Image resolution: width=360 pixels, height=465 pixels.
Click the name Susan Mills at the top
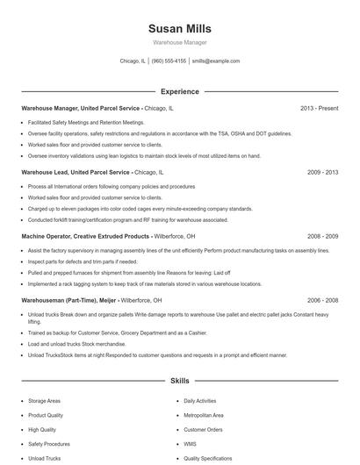click(179, 29)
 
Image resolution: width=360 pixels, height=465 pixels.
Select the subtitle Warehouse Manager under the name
click(179, 43)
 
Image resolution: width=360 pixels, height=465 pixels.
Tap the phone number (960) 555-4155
click(169, 61)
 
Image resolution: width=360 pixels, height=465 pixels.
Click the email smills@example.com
click(216, 61)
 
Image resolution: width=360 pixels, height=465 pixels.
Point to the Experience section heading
click(179, 91)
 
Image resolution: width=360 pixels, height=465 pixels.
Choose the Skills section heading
click(179, 382)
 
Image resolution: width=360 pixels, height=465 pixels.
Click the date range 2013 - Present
click(319, 108)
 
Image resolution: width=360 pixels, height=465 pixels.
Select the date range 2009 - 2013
click(322, 173)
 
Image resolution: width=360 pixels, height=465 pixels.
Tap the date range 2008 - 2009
click(322, 236)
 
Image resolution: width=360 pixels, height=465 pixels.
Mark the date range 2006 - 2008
click(322, 299)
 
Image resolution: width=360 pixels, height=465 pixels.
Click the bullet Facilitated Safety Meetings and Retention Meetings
click(86, 123)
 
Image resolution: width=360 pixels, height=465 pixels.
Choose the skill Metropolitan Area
click(204, 415)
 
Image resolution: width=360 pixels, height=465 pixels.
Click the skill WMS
click(190, 444)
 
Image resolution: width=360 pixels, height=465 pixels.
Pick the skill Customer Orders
click(203, 430)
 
